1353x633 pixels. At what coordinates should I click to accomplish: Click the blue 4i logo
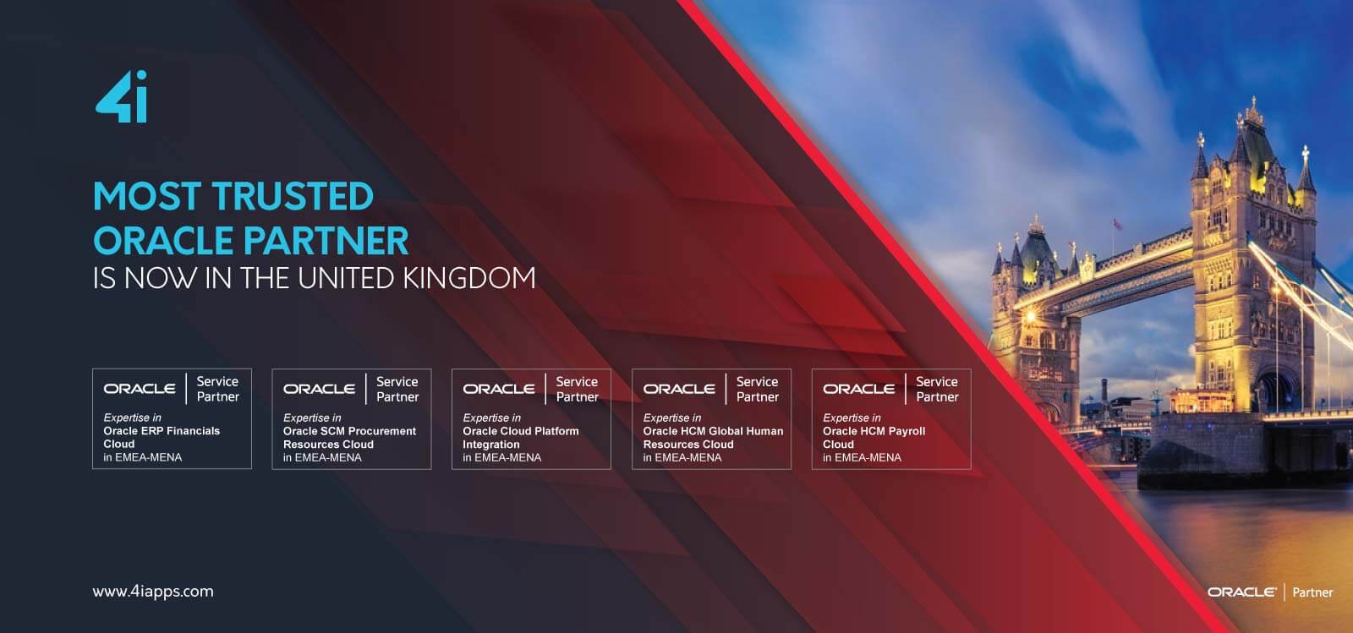tap(122, 96)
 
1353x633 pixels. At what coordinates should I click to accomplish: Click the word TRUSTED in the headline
tap(293, 196)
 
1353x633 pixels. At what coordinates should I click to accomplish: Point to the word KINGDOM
tap(469, 278)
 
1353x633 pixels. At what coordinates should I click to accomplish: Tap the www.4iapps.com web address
tap(153, 592)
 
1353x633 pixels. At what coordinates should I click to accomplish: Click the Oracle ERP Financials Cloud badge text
tap(162, 437)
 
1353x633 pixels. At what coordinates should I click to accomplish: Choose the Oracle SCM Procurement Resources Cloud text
tap(349, 438)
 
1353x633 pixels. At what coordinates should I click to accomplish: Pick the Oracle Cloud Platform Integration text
tap(521, 438)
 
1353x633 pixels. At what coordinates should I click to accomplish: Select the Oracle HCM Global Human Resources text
tap(713, 438)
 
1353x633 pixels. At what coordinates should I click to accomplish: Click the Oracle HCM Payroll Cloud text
tap(874, 438)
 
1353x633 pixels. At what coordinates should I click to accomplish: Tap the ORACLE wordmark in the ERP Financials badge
tap(140, 389)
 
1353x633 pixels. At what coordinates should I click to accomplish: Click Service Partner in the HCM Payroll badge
tap(937, 390)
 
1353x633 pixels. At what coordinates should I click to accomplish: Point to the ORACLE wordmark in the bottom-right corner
tap(1242, 592)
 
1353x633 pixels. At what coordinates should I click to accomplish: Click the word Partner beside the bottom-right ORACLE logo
tap(1312, 592)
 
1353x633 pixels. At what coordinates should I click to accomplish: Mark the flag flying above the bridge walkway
tap(1118, 224)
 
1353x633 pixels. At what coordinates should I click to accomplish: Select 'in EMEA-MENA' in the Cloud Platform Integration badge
tap(502, 458)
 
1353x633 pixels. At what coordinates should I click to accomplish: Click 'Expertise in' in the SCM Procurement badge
tap(312, 417)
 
